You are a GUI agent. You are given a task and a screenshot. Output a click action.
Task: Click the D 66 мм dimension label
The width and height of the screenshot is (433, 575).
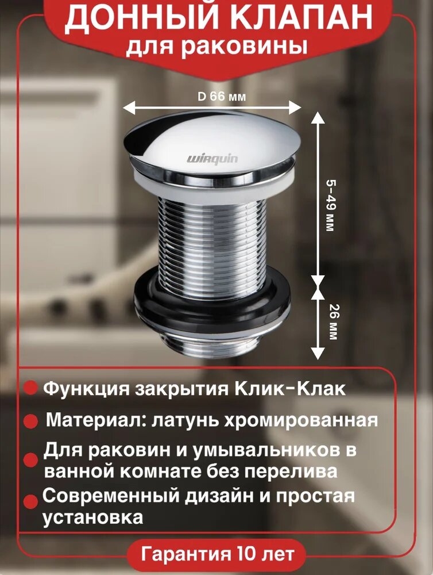tap(222, 97)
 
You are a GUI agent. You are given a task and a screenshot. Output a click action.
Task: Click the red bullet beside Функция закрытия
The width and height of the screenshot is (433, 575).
tap(30, 389)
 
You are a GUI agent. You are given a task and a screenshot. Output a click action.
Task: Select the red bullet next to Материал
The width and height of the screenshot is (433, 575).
tap(30, 421)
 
